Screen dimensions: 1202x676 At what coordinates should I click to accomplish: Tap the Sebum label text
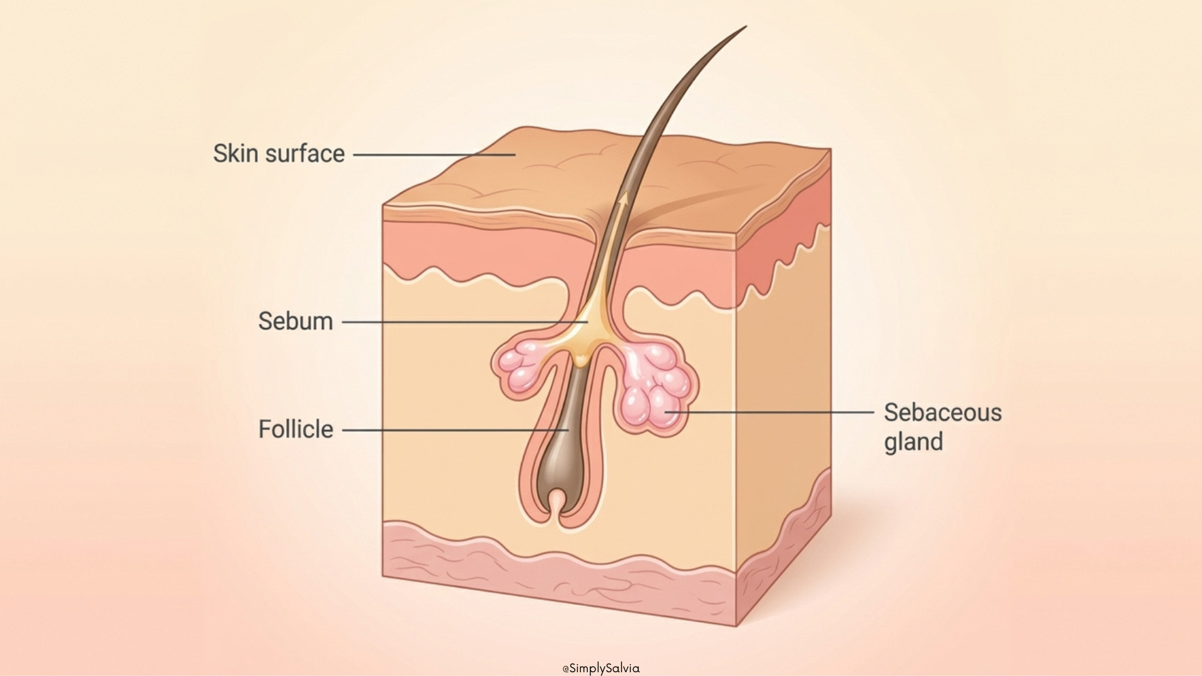(x=295, y=321)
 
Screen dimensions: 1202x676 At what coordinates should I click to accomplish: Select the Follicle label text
(x=295, y=429)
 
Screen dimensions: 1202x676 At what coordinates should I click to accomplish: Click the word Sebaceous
(x=942, y=412)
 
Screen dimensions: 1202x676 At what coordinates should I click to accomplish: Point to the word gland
(x=913, y=441)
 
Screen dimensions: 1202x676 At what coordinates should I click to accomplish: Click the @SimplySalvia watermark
(x=601, y=668)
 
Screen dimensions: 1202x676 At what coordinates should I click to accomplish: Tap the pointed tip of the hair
(x=745, y=27)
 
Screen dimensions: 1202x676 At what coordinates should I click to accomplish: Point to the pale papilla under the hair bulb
(x=557, y=501)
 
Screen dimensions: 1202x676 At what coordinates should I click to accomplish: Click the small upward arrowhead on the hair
(x=624, y=198)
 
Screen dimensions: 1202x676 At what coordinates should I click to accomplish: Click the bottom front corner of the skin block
(x=736, y=625)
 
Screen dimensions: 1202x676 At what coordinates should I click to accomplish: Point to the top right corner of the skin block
(x=830, y=150)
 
